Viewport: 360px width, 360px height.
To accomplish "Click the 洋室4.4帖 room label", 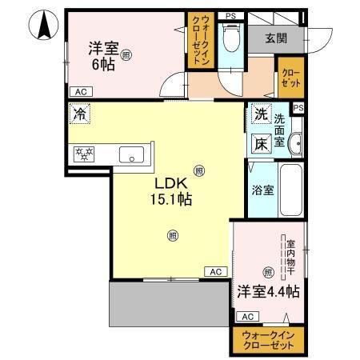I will click(266, 293).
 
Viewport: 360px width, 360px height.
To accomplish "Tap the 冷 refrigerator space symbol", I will click(79, 114).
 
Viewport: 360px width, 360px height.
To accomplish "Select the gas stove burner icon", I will click(84, 154).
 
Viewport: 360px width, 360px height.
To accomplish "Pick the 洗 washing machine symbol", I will click(261, 114).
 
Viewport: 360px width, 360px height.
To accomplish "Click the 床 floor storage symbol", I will click(261, 144).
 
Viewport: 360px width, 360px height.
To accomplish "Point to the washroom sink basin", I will click(296, 143).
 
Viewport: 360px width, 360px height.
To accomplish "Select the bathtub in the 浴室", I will click(290, 191).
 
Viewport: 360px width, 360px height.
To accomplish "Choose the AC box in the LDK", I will click(215, 272).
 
